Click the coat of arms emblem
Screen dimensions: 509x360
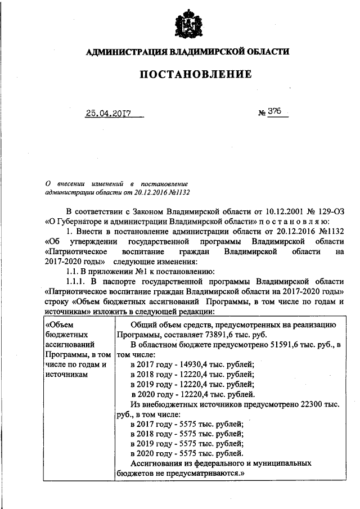[181, 22]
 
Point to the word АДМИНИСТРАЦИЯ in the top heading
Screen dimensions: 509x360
[124, 52]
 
